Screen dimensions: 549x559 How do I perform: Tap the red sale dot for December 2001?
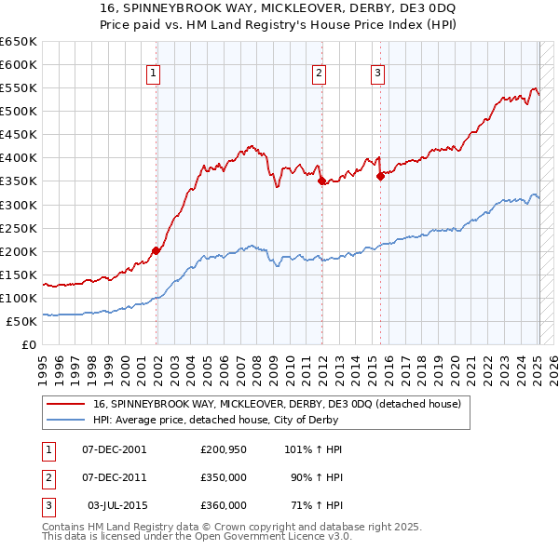coord(156,250)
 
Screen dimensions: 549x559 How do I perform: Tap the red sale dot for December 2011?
coord(322,181)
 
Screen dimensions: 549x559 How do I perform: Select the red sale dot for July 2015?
coord(380,176)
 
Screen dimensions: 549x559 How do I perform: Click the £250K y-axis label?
coord(19,228)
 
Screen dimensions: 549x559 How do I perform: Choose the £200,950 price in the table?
coord(223,449)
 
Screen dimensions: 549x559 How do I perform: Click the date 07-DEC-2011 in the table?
coord(115,477)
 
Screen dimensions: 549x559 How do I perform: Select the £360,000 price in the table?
coord(223,505)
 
